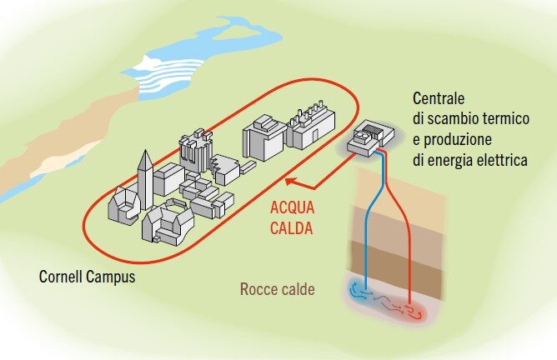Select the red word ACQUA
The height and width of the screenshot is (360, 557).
click(290, 208)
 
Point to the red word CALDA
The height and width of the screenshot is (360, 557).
click(291, 226)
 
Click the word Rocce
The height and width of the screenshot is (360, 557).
click(258, 290)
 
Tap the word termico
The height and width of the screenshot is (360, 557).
click(503, 119)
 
